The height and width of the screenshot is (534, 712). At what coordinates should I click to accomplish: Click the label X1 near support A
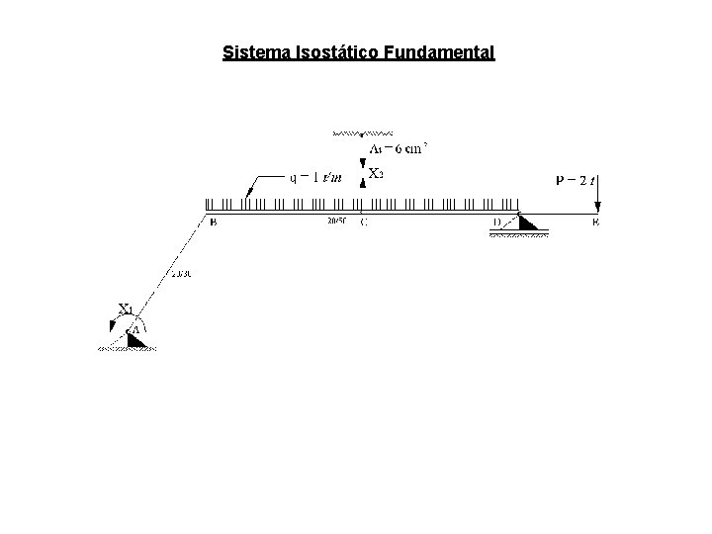coord(126,308)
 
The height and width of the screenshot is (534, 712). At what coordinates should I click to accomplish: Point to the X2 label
coord(377,173)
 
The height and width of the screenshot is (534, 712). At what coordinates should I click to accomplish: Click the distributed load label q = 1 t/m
coord(314,178)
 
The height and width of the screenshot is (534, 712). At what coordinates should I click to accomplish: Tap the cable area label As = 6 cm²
coord(398,149)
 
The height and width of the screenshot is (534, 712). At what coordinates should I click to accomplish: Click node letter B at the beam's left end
coord(214,222)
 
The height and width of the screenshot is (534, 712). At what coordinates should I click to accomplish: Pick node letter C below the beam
coord(364,222)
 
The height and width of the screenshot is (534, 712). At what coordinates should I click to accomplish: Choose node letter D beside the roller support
coord(497,222)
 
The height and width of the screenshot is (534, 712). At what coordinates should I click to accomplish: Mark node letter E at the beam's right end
coord(595,222)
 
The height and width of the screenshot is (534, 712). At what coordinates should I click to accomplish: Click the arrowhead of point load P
coord(599,207)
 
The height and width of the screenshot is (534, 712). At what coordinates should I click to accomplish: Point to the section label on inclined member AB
coord(180,274)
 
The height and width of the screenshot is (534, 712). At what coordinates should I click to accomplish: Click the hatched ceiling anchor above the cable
coord(363,132)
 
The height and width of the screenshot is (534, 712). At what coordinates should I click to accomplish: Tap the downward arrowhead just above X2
coord(363,162)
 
